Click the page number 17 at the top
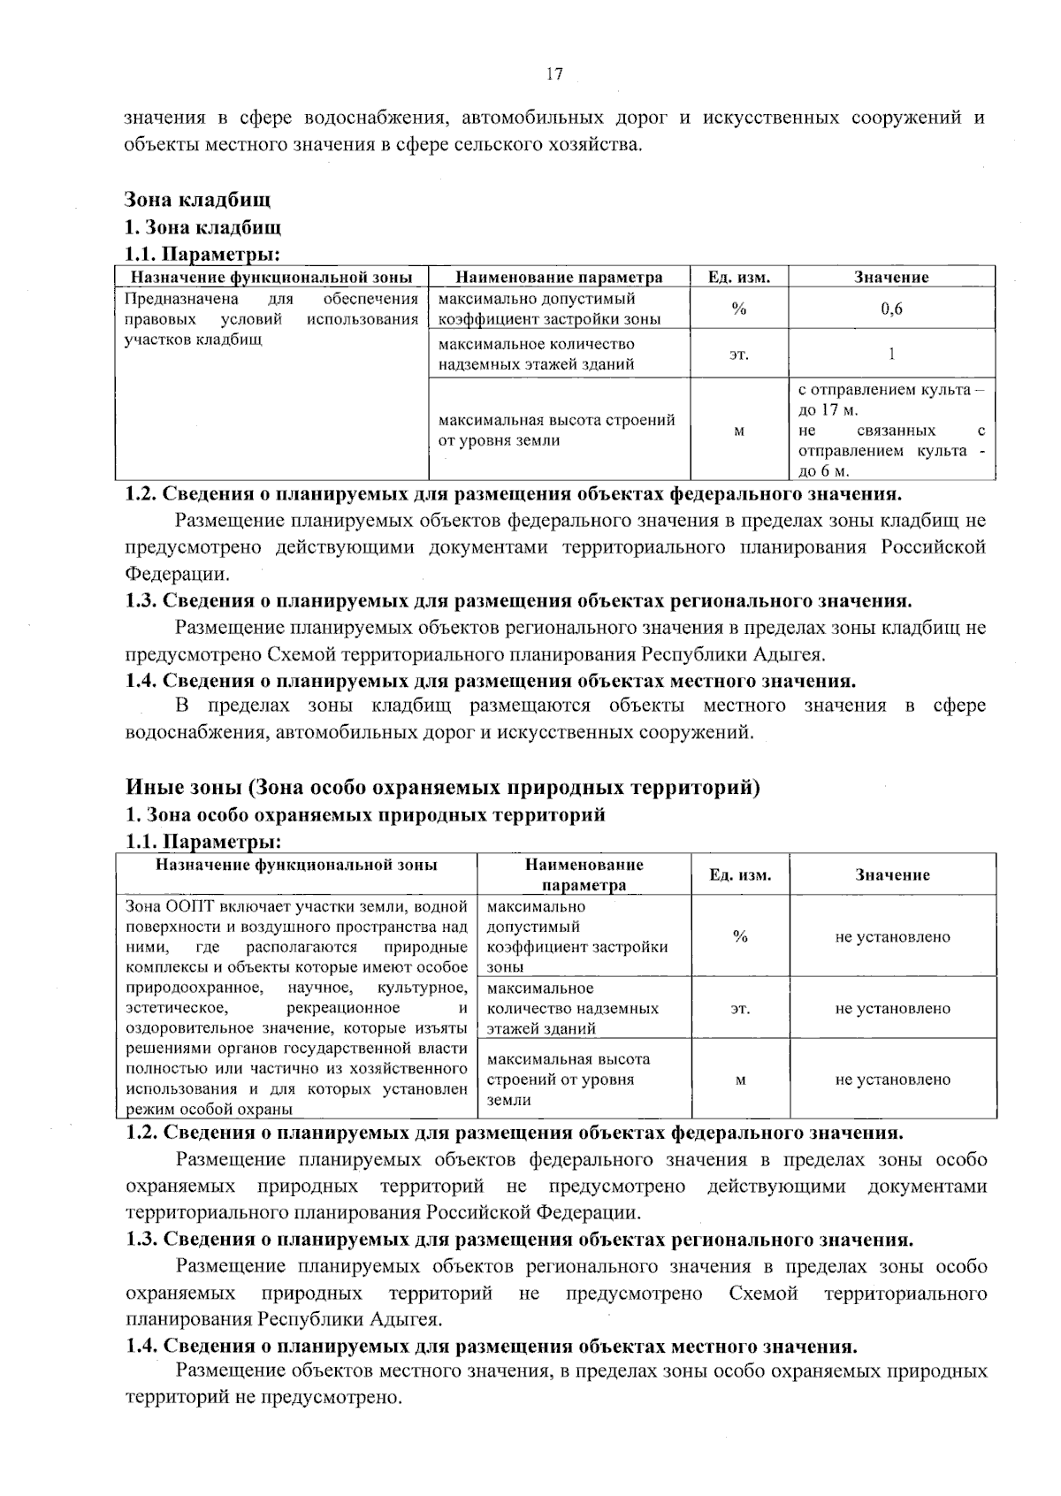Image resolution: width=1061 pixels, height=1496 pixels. pos(554,74)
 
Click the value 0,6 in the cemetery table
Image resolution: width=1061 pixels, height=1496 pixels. pos(891,309)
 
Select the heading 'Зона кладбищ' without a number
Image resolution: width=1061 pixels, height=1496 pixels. pos(197,200)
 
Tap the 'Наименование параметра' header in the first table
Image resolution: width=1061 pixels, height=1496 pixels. pos(559,277)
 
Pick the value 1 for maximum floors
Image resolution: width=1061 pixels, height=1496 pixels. pos(891,354)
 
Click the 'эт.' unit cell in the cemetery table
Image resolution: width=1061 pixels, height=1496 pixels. pos(739,355)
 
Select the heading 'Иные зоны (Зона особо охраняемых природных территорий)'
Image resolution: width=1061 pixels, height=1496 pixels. pos(443,787)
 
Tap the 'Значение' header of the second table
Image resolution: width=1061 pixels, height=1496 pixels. pos(892,874)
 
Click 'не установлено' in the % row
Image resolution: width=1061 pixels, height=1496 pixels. pos(892,937)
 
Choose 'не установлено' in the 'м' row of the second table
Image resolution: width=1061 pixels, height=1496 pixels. pos(892,1080)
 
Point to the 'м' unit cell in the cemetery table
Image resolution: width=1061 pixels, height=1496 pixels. pos(739,431)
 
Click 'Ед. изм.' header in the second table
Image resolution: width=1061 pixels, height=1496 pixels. pos(740,875)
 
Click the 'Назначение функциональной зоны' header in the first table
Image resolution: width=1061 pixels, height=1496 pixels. pos(272,277)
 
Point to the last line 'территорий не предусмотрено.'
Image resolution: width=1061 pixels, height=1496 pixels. pos(264,1399)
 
